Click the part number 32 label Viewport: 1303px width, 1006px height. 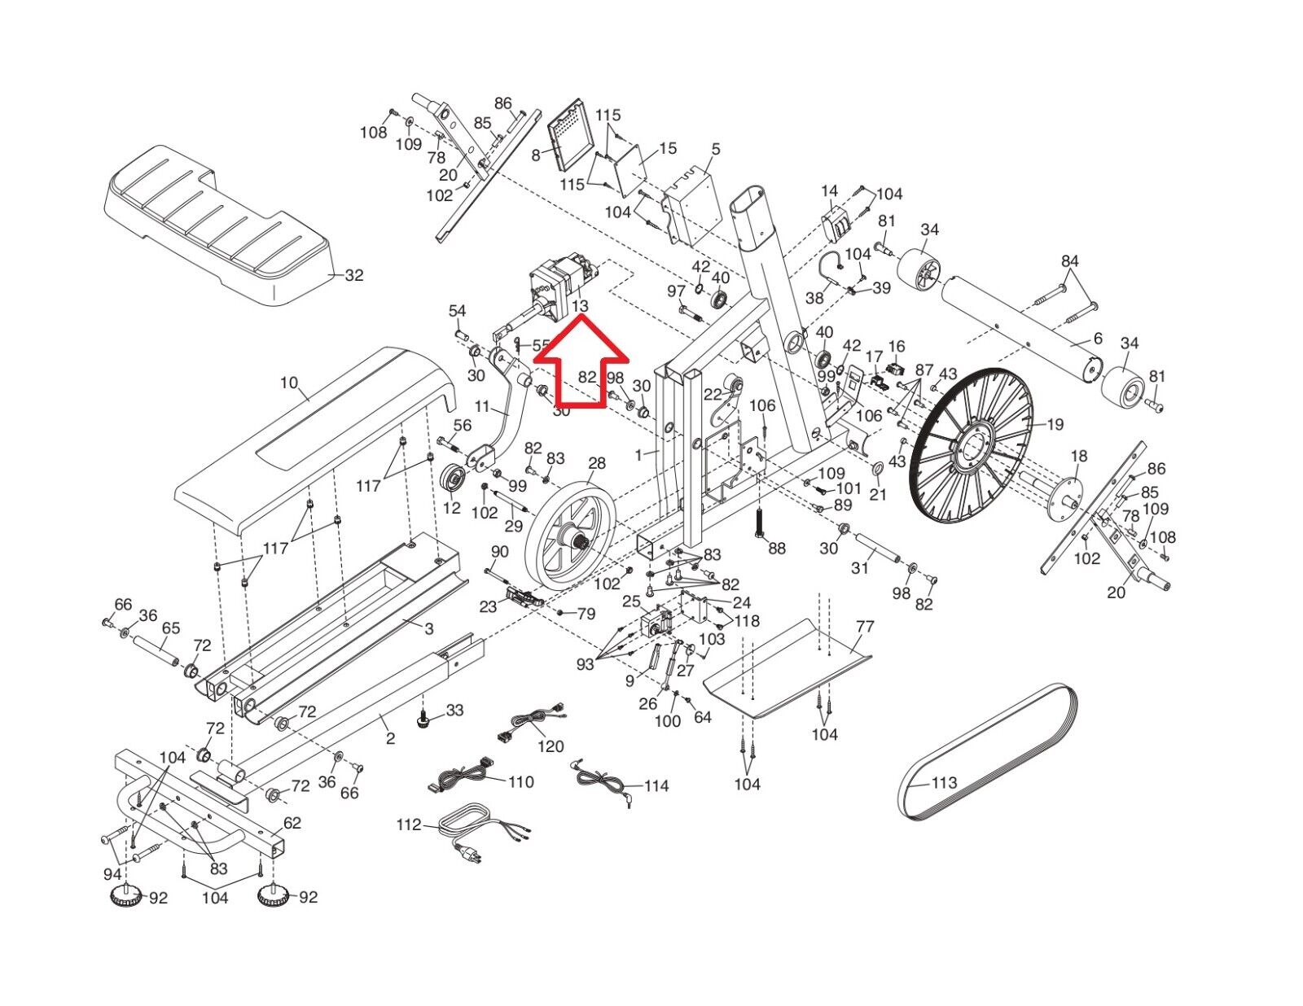[353, 276]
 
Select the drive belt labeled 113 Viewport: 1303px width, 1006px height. [988, 751]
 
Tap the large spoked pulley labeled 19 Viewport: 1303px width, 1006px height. [972, 446]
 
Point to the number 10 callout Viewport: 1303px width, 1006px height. [289, 383]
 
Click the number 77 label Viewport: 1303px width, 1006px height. [865, 627]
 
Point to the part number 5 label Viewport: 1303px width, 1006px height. [715, 149]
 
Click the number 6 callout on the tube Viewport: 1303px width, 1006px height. [1097, 339]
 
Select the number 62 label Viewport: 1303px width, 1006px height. [292, 823]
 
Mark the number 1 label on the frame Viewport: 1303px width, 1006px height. [639, 455]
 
